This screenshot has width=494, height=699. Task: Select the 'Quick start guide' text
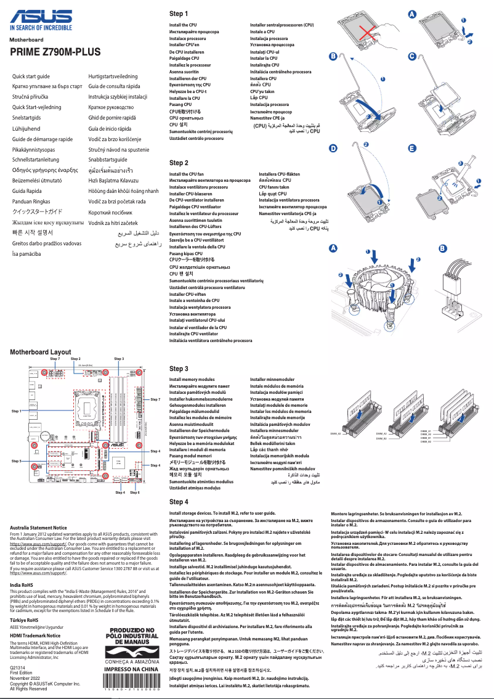(31, 76)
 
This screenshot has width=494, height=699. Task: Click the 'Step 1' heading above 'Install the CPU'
(179, 14)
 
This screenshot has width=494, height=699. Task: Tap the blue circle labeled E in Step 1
(412, 149)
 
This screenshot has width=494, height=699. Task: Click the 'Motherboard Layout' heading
(40, 351)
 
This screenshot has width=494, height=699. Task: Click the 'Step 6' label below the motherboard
(134, 493)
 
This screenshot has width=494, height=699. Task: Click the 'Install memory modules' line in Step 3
(192, 380)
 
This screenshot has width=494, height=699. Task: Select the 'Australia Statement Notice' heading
(39, 528)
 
